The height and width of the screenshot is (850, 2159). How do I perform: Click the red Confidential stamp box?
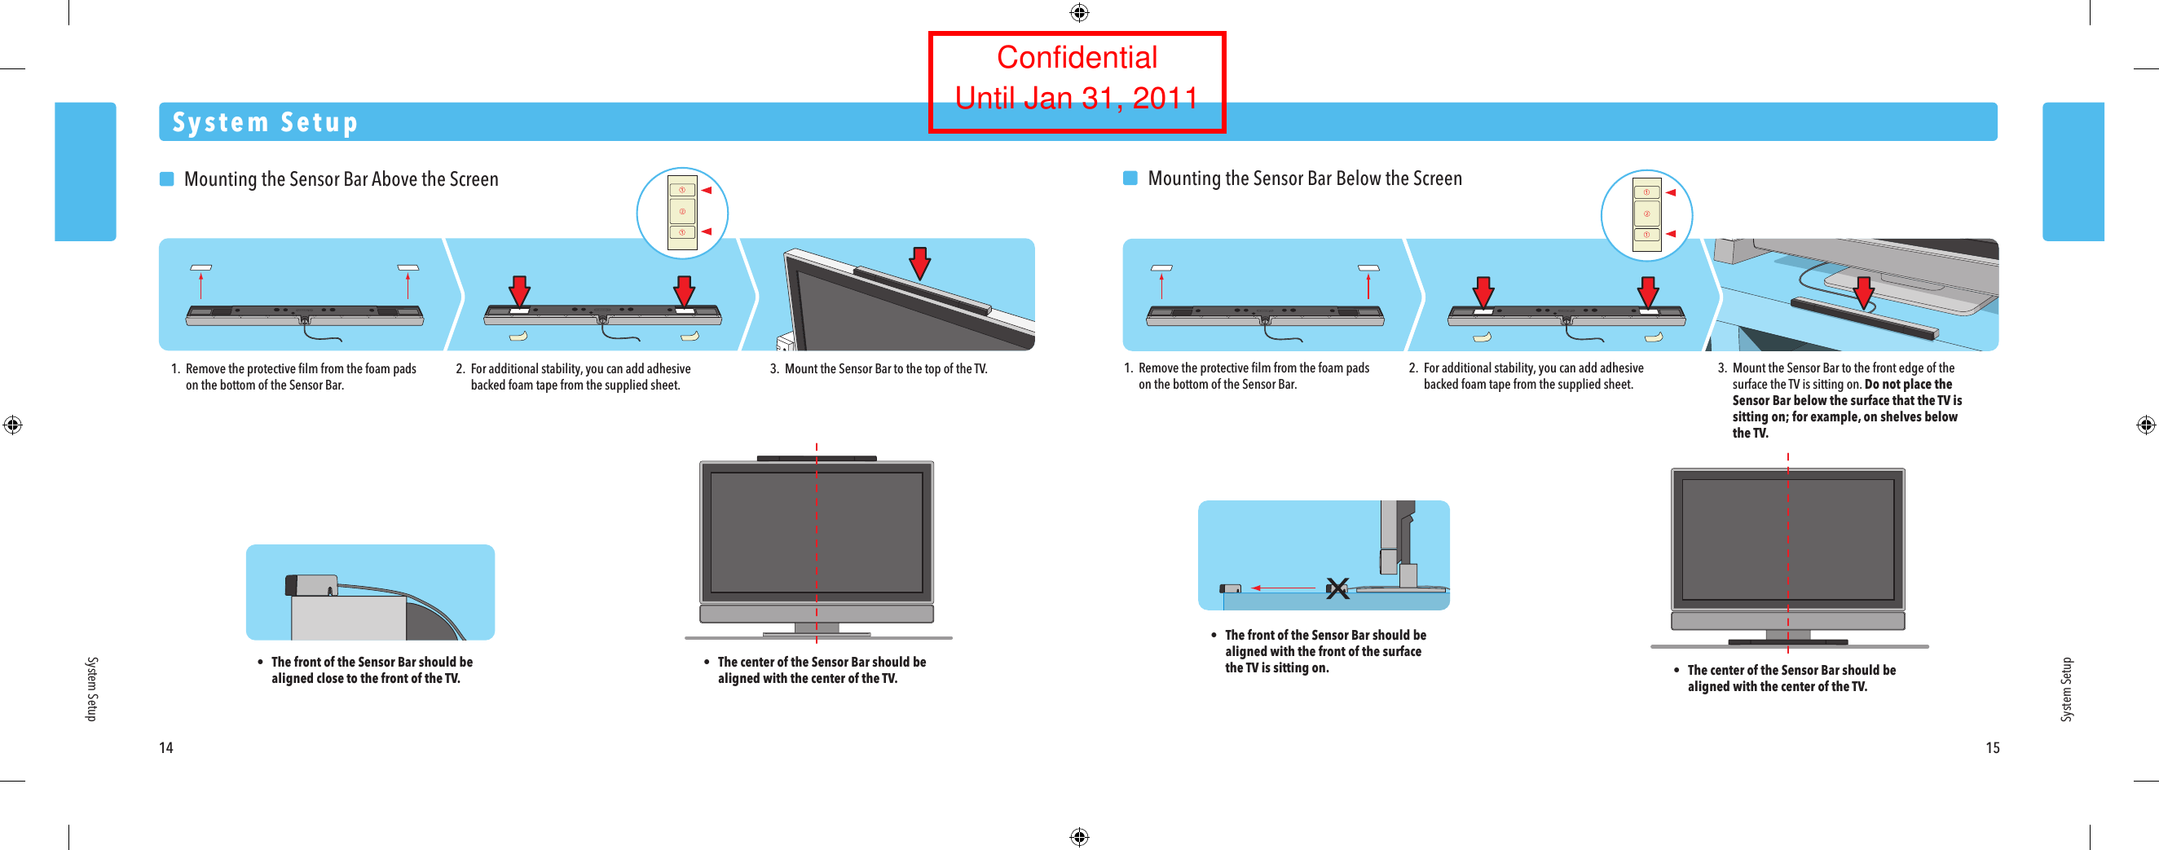coord(1076,81)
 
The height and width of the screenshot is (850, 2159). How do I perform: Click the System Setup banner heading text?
coord(265,122)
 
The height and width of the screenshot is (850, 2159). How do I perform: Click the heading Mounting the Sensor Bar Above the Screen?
coord(341,179)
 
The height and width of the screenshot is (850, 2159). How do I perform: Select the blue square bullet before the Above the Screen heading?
coord(167,179)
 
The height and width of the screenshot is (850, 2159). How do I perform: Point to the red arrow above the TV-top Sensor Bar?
coord(919,262)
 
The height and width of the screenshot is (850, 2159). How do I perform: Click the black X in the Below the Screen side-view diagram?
coord(1337,588)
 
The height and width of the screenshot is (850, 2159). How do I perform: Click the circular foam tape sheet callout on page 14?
coord(681,213)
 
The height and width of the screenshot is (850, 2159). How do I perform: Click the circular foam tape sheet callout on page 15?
coord(1646,214)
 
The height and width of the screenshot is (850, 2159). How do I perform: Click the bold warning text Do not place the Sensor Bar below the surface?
coord(1846,408)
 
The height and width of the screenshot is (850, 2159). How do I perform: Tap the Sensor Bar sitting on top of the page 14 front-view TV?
coord(816,459)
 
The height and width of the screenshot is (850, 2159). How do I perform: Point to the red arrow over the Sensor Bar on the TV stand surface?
coord(1863,293)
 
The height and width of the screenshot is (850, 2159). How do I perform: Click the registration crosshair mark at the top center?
coord(1078,12)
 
